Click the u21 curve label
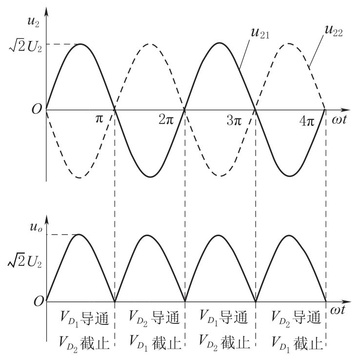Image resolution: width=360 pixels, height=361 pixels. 260,33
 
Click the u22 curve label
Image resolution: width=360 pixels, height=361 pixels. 334,31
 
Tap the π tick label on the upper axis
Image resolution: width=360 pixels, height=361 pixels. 99,119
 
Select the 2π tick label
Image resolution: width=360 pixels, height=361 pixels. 166,120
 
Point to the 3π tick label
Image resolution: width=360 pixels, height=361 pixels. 234,120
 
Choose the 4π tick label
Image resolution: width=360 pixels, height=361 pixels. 307,121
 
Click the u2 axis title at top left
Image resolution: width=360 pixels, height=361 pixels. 33,22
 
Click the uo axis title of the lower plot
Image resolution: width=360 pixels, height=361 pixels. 36,227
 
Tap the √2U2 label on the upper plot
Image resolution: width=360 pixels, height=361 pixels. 25,47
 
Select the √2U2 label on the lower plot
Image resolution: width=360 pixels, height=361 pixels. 25,261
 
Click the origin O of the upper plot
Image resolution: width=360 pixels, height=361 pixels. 37,109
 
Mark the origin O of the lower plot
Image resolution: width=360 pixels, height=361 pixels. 39,301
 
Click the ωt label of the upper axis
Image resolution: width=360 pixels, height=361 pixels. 339,120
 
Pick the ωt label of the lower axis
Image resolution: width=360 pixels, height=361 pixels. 338,310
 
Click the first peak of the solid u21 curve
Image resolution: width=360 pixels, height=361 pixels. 80,44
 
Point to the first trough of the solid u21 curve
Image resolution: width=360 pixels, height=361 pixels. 150,177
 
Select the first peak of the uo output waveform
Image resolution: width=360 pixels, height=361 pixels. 79,234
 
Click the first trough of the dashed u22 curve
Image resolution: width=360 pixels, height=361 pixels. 80,178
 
